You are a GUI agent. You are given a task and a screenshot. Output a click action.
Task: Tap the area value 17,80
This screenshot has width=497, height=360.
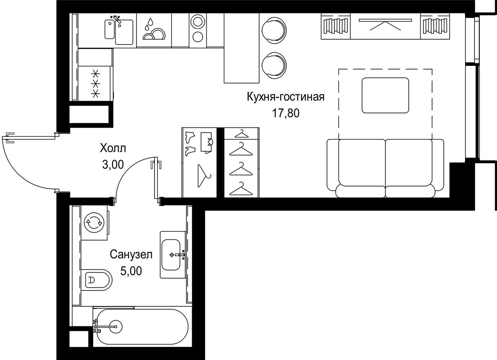[x=286, y=113]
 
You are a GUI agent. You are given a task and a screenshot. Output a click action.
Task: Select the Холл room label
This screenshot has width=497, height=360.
[x=113, y=148]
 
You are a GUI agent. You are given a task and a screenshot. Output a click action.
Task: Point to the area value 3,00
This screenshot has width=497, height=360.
[x=113, y=164]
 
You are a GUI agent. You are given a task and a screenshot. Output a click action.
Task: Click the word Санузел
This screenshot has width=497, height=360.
[x=131, y=255]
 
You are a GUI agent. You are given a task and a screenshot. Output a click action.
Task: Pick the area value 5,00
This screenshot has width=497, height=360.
[x=131, y=271]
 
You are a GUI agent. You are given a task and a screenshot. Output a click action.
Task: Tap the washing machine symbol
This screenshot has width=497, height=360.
[x=94, y=223]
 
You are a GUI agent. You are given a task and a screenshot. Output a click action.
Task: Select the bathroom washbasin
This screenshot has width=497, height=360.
[x=173, y=255]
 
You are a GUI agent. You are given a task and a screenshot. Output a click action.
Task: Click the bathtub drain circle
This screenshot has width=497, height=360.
[x=117, y=326]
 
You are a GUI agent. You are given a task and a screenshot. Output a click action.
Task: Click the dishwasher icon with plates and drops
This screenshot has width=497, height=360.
[x=153, y=30]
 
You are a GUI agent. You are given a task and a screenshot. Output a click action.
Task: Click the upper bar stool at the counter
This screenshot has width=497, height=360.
[x=273, y=30]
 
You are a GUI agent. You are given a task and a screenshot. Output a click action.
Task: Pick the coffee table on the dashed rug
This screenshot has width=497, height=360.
[x=385, y=95]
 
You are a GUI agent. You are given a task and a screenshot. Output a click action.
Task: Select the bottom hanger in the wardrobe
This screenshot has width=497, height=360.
[x=241, y=189]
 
